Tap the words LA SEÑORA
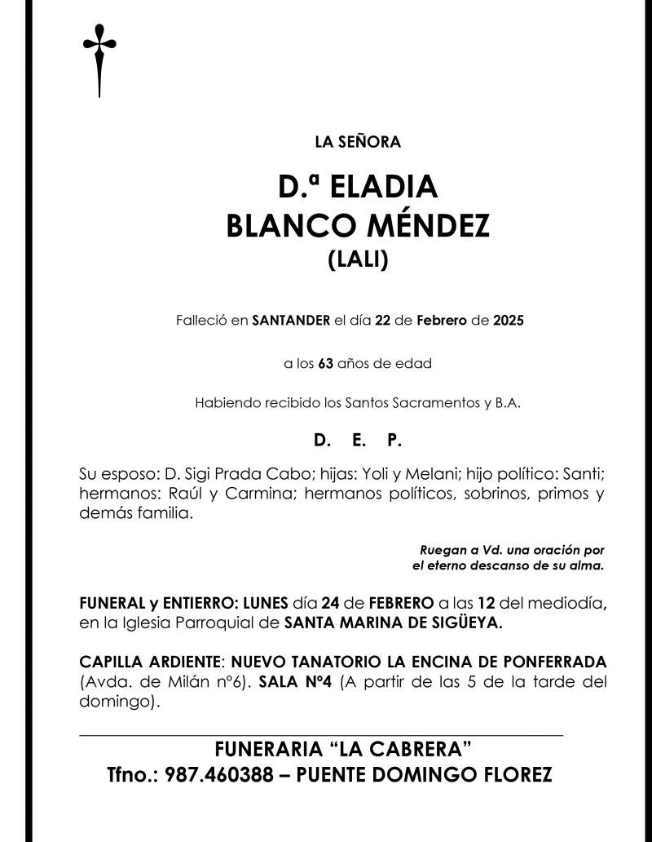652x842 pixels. click(358, 142)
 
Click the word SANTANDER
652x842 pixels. click(292, 321)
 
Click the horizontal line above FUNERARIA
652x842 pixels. click(321, 736)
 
